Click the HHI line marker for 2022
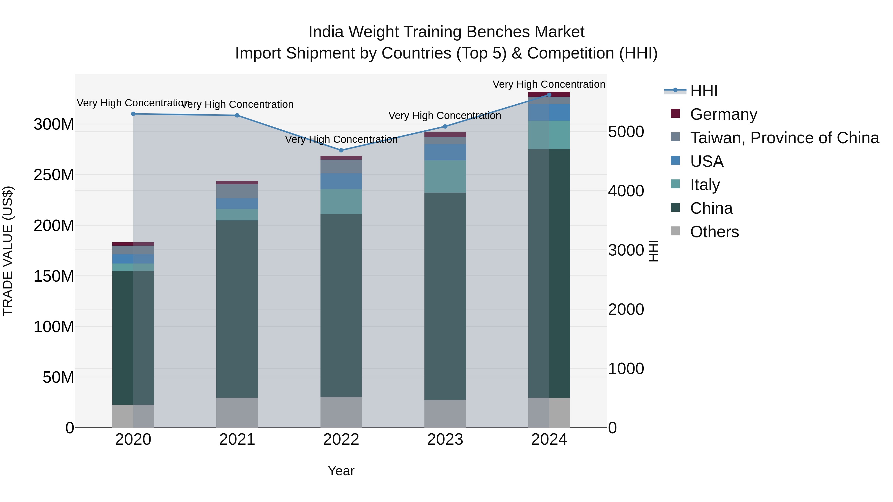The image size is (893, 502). [x=341, y=150]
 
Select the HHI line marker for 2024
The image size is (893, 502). [x=549, y=95]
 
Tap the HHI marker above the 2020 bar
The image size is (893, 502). [x=133, y=114]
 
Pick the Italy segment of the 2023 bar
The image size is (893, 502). [x=445, y=176]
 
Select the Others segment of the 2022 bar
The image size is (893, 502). [x=341, y=412]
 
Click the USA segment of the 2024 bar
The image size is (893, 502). [x=549, y=112]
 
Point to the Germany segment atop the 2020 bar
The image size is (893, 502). [x=133, y=244]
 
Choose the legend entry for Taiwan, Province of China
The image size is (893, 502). [x=784, y=138]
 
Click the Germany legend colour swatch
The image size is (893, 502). [x=675, y=114]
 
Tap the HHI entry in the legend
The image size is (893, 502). [x=704, y=91]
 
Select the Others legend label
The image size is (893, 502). [x=714, y=232]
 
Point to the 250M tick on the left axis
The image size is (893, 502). [x=54, y=175]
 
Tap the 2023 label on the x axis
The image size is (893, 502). [x=445, y=440]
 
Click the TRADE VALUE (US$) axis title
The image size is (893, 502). [x=8, y=251]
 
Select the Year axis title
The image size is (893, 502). [x=341, y=471]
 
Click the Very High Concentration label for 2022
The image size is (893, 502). [x=341, y=139]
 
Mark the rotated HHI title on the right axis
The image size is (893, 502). [x=653, y=251]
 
